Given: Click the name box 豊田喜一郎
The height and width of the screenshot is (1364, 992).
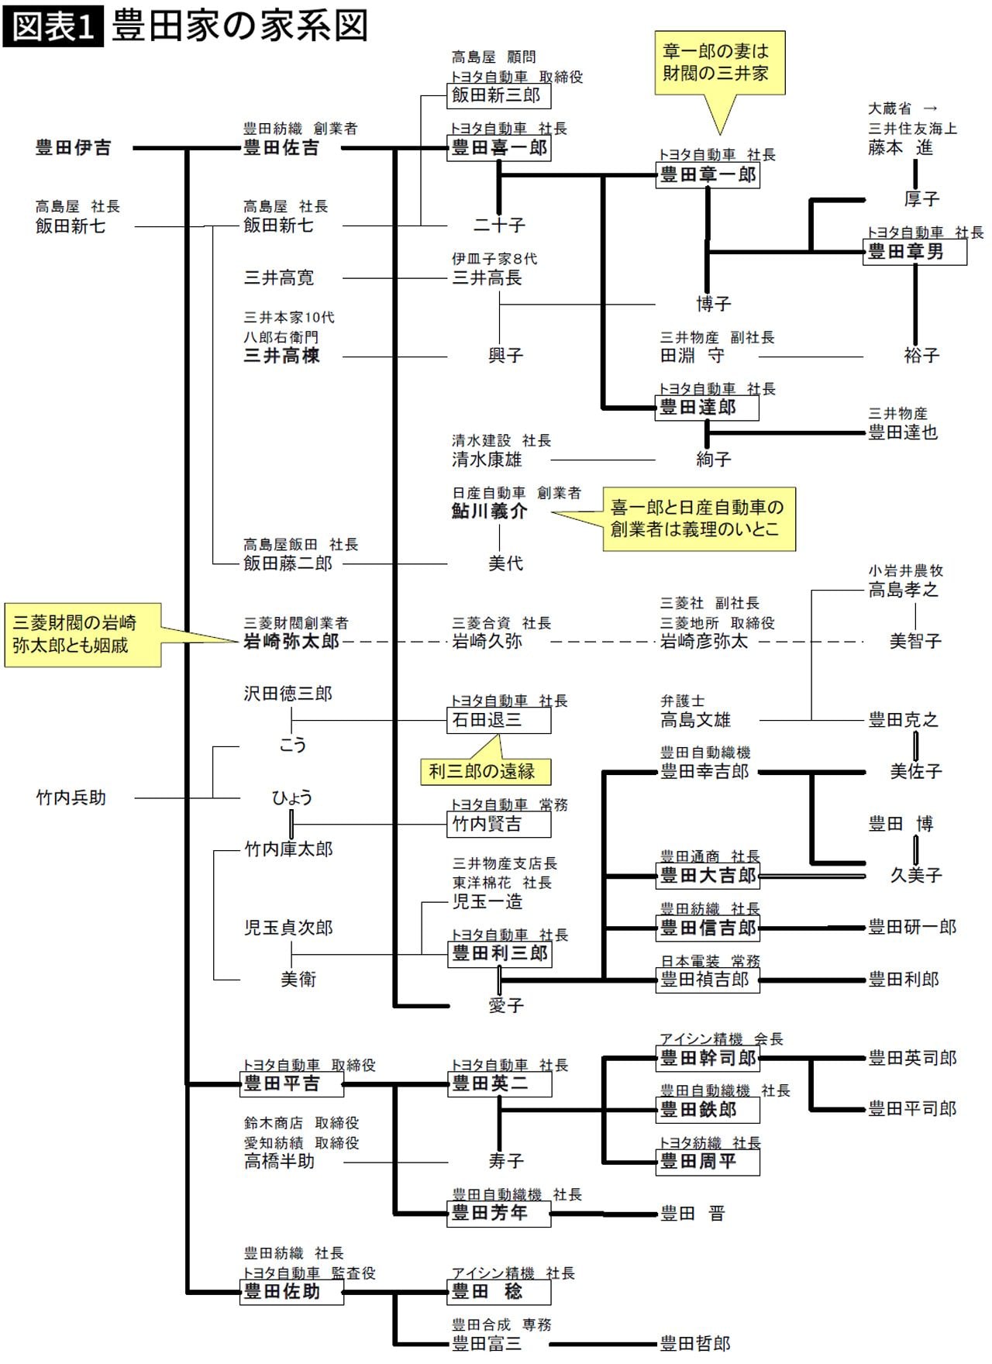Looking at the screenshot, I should pos(499,148).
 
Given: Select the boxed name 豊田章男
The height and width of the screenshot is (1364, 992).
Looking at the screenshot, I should pos(914,252).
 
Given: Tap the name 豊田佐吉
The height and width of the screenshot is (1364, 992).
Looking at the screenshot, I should pos(281,148).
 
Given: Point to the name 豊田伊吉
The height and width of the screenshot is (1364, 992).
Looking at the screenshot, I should pos(73,148).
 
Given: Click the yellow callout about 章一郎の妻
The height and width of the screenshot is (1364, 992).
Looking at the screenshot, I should pos(719,64).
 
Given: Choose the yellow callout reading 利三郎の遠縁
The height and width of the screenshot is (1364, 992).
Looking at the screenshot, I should pos(486,771).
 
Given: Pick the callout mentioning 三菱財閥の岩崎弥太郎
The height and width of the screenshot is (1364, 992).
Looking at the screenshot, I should pos(82,635).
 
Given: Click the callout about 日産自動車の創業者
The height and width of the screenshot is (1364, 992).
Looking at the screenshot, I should pos(698,518).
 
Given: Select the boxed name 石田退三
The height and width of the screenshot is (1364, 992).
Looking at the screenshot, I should pos(499,720).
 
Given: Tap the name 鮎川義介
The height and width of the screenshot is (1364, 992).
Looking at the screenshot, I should pos(490,511).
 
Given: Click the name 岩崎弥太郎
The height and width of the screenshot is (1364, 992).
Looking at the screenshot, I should pos(291,642).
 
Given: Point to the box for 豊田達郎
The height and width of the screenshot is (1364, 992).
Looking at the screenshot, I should pos(707,407).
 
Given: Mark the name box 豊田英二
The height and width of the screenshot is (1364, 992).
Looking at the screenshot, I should pos(499,1083).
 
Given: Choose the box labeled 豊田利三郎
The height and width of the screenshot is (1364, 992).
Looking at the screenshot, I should pos(499,953).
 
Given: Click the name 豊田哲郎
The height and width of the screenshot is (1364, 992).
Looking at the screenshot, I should pos(695,1343).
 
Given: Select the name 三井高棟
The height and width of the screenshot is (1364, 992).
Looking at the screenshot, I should pos(281,356).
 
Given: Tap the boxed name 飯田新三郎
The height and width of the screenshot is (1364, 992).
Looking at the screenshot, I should pos(499,95).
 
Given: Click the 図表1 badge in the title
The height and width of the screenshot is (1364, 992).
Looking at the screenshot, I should pos(53,26).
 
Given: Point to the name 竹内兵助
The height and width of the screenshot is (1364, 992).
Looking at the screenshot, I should pos(71,797).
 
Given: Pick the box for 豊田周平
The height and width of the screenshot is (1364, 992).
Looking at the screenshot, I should pos(707,1162).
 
